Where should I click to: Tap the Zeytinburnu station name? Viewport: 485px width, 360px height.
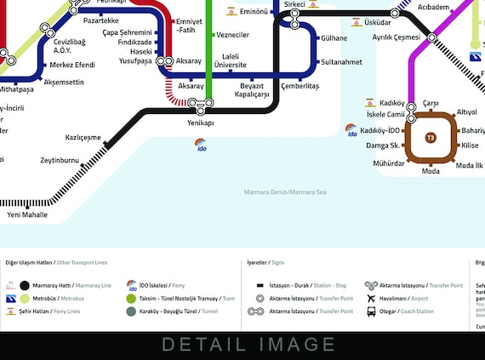click(59, 160)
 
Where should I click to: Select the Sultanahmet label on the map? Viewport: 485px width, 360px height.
click(341, 62)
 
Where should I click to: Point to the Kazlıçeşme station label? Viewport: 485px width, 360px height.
click(83, 137)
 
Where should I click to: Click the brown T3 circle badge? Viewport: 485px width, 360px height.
click(431, 137)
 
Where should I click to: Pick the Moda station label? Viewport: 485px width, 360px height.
click(431, 171)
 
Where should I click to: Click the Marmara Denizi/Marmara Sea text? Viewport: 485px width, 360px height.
click(284, 192)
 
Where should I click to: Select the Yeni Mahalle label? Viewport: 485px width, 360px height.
click(27, 214)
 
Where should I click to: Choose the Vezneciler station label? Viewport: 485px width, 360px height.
click(233, 35)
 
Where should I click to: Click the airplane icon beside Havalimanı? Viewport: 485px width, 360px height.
click(371, 299)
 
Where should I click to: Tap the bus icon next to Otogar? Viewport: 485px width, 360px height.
click(371, 311)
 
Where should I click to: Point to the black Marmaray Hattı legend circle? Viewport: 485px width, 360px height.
click(25, 286)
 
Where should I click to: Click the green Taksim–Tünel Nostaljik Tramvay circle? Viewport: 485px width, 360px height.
click(132, 299)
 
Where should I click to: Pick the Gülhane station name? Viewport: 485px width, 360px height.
click(334, 38)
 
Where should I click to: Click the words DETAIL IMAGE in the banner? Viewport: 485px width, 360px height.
click(248, 345)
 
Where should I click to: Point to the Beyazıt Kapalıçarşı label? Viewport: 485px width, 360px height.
click(253, 90)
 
